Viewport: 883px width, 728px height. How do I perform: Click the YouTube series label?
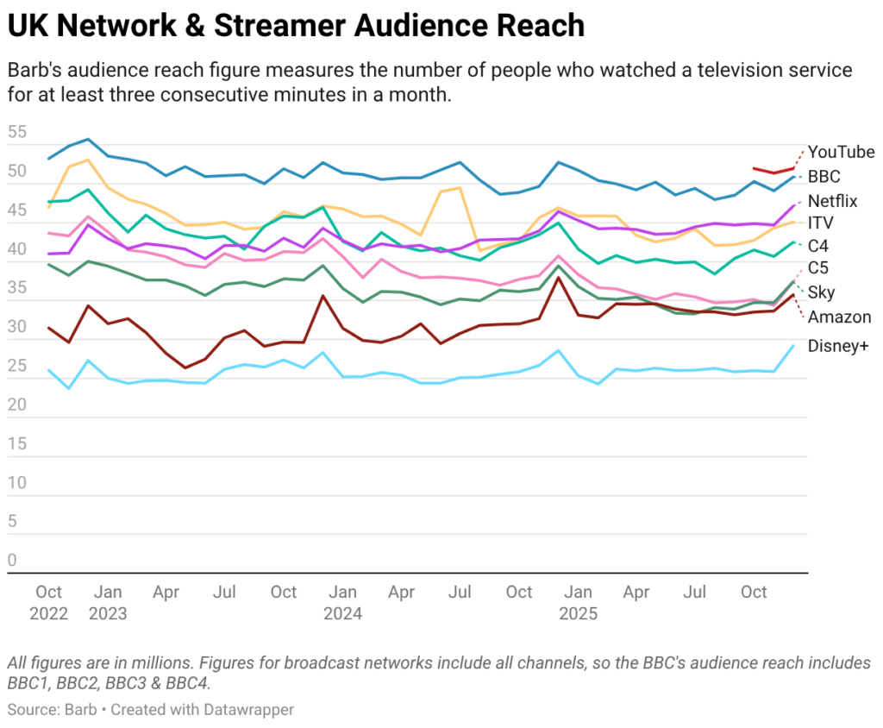click(x=841, y=152)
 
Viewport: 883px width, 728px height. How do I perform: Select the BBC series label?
click(x=824, y=176)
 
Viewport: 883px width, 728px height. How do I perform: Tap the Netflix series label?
click(x=832, y=200)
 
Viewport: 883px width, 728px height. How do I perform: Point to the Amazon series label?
click(x=839, y=317)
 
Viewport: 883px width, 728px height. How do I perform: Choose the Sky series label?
click(x=821, y=292)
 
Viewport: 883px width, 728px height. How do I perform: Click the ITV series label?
click(x=820, y=223)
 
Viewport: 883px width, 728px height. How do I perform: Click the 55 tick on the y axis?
click(x=16, y=133)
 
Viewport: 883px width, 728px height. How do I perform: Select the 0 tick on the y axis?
click(x=12, y=561)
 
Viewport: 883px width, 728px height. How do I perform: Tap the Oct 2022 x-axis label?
click(x=49, y=603)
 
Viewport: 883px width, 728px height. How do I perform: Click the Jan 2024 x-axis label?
click(x=342, y=603)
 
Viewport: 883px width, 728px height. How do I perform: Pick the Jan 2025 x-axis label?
click(x=578, y=603)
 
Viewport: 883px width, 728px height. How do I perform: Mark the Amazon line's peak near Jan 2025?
click(x=559, y=278)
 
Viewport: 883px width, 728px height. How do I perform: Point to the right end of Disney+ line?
click(x=794, y=345)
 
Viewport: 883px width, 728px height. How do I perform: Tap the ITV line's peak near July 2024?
click(x=460, y=187)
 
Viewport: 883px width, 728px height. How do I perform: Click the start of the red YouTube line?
click(x=755, y=168)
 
